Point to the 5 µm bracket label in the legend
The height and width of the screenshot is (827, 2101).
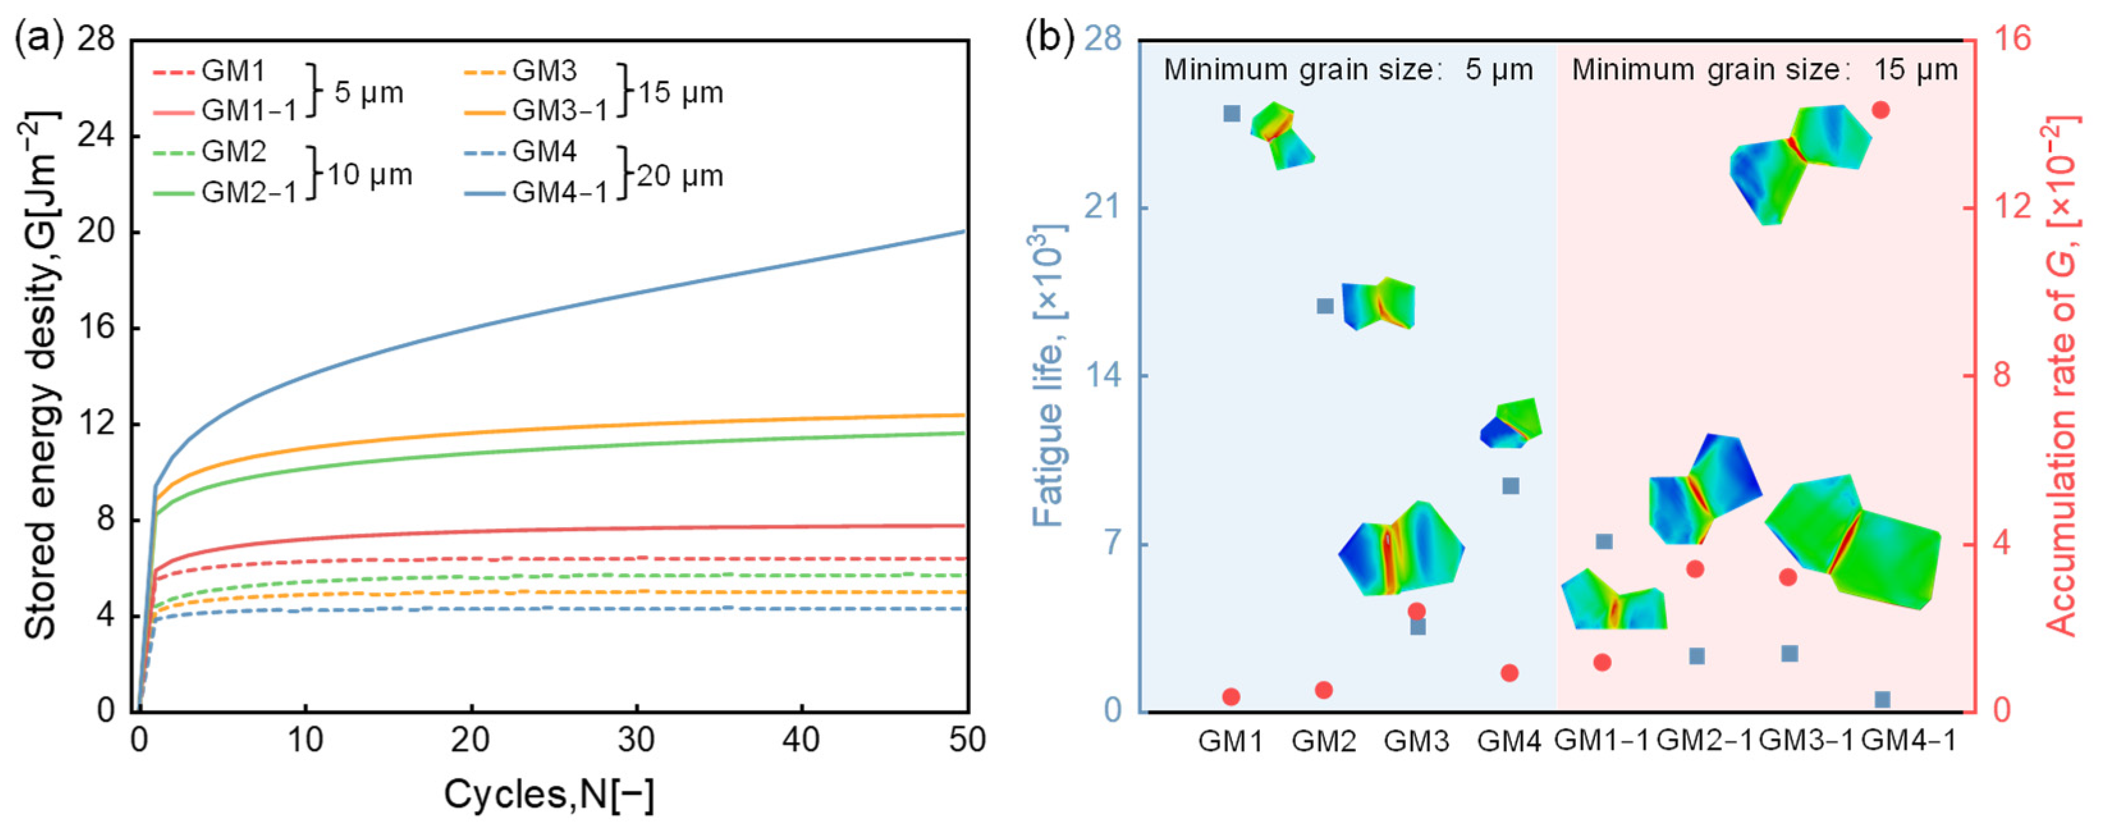tap(368, 92)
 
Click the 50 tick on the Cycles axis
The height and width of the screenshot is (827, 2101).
tap(967, 740)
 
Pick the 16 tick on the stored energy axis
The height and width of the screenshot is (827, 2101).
tap(97, 329)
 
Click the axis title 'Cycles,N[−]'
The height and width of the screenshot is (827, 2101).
tap(549, 794)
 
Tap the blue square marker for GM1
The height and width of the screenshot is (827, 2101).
tap(1232, 113)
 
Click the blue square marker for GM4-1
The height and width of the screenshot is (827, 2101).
tap(1882, 699)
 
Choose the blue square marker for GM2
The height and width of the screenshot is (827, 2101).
tap(1325, 306)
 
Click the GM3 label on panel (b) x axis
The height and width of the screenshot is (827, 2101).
tap(1417, 741)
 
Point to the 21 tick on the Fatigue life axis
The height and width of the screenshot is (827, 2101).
tap(1102, 208)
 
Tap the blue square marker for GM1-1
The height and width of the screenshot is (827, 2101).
tap(1604, 542)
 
